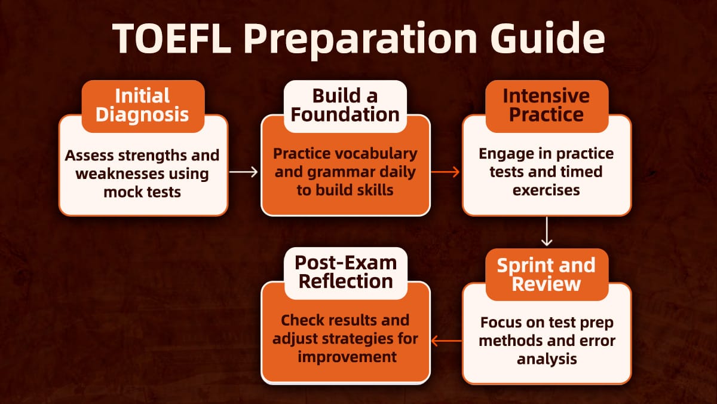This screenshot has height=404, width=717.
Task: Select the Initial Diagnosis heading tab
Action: [x=142, y=105]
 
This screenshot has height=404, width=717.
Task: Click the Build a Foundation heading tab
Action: [x=345, y=105]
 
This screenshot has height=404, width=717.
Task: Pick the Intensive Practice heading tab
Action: [x=546, y=105]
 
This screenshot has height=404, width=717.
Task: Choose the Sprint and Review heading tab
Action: [x=546, y=274]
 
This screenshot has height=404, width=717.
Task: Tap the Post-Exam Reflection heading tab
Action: [x=345, y=272]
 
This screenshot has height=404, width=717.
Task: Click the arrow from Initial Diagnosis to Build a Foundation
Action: [x=244, y=172]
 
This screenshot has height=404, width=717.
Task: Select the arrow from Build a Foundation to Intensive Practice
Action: [x=446, y=172]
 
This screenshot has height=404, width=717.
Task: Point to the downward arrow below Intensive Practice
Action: [x=546, y=232]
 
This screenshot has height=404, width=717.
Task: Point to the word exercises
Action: [x=546, y=190]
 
